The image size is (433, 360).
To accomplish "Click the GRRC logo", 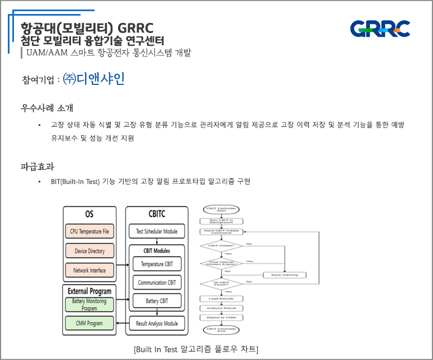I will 380,29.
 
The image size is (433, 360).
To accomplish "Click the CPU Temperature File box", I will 90,231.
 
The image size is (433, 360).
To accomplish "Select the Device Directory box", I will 90,251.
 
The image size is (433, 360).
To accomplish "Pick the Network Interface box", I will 90,271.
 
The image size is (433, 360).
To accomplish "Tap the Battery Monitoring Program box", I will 90,305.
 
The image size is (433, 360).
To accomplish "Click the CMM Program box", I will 90,323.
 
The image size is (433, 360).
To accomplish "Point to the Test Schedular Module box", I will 157,231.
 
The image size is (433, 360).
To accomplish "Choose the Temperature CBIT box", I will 157,264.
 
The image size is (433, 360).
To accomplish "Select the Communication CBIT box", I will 157,283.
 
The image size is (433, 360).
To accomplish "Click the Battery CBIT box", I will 157,301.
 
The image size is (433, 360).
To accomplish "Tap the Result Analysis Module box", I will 157,323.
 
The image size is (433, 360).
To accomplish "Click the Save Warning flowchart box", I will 284,274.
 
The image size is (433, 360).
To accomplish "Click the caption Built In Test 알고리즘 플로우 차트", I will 196,349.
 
